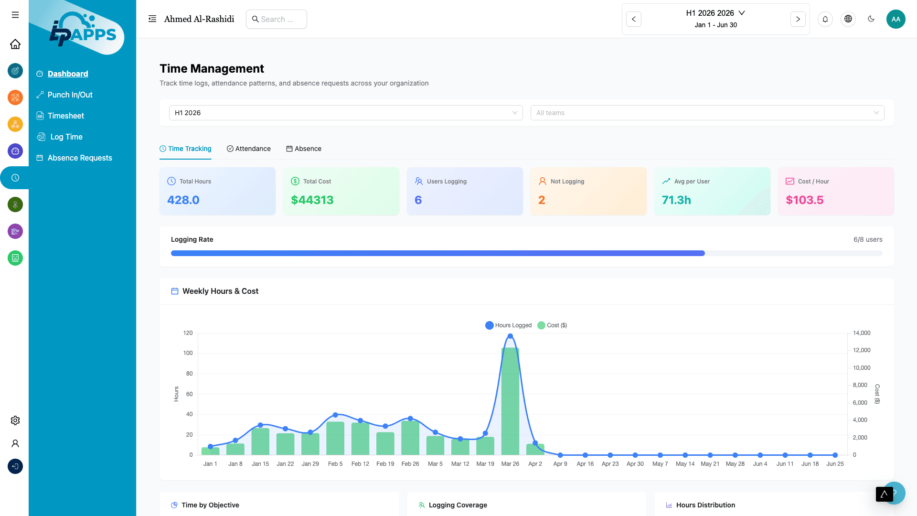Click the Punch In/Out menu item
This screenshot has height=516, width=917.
[70, 95]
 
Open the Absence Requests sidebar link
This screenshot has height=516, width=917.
[80, 158]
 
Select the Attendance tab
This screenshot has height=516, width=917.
[249, 149]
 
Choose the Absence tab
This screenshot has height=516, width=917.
[304, 149]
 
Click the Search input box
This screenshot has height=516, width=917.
[277, 19]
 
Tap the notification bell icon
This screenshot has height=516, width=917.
[825, 19]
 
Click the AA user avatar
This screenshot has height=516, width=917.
[896, 19]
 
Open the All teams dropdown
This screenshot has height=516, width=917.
[707, 113]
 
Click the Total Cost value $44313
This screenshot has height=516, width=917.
[312, 200]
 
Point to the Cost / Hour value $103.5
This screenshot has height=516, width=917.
[805, 200]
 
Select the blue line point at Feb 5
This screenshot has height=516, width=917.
[335, 415]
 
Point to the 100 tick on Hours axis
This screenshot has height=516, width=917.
[188, 353]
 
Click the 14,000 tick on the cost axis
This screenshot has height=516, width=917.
[862, 333]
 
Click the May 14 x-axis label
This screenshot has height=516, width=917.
[685, 464]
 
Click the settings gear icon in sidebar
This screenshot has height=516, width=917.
[15, 420]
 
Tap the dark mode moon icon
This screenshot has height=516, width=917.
[871, 19]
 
